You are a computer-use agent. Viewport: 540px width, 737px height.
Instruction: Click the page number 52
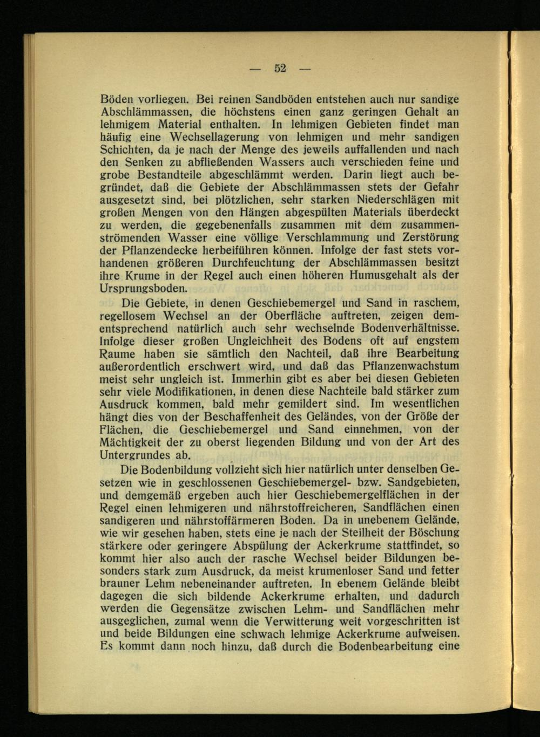click(280, 69)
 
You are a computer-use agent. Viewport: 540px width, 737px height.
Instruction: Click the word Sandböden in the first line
click(280, 99)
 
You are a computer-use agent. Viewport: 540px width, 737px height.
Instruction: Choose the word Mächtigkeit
click(133, 442)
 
